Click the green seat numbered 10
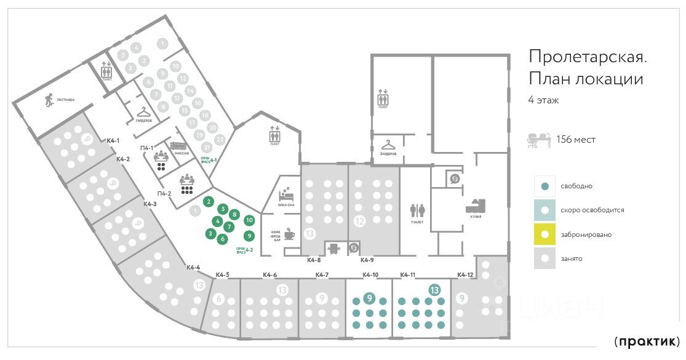(x=249, y=220)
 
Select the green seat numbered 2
(x=209, y=201)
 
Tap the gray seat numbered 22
(x=220, y=138)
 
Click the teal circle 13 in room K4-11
(x=434, y=290)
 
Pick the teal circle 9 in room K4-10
(x=369, y=298)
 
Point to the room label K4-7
(x=322, y=274)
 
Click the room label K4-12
(x=465, y=274)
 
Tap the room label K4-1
(x=113, y=141)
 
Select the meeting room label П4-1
(x=147, y=147)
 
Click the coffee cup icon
(x=289, y=234)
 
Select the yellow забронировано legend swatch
(x=544, y=234)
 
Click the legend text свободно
(x=575, y=186)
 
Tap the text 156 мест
(x=575, y=140)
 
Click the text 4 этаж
(x=543, y=100)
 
